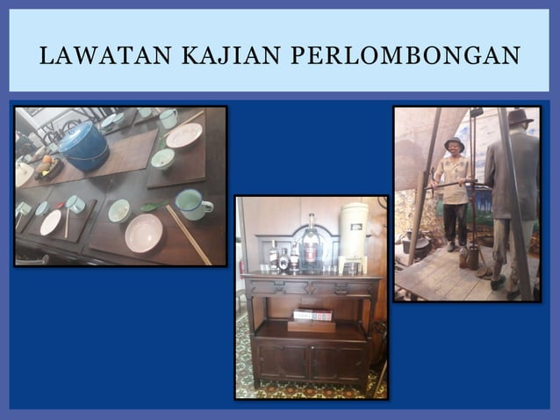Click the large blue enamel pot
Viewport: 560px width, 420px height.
[84, 145]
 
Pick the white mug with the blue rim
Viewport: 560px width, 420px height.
[191, 205]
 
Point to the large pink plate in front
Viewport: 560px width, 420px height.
[144, 233]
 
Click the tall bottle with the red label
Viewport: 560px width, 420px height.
[311, 243]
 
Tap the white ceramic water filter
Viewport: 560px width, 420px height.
[353, 234]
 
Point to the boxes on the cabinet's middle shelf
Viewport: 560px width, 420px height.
[312, 315]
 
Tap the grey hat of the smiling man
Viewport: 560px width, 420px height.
[454, 142]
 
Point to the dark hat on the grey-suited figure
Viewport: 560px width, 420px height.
[520, 117]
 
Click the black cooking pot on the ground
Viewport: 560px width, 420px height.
[418, 243]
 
